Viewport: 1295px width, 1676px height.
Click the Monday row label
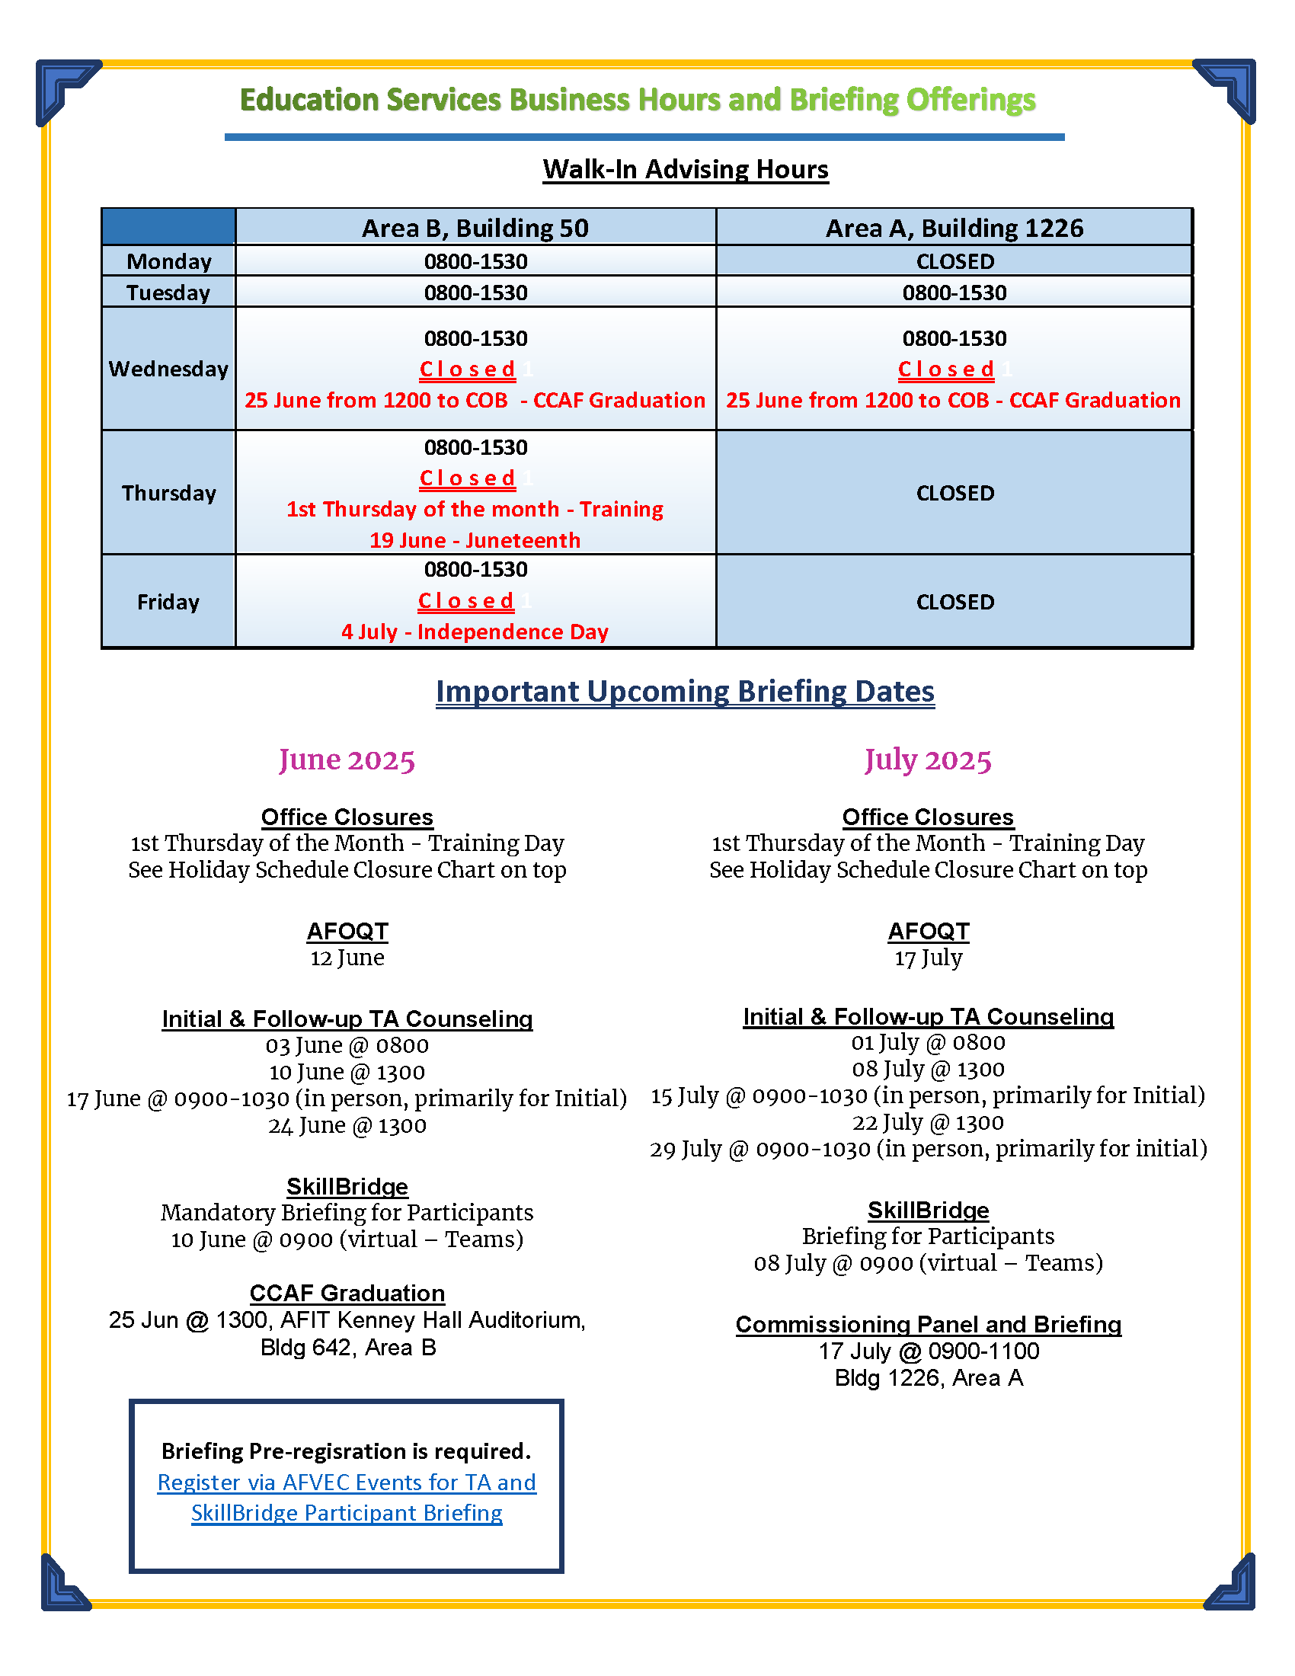169,261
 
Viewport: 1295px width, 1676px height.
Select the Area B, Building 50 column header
475,228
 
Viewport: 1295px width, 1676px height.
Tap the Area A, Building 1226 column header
954,228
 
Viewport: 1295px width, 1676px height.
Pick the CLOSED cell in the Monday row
954,261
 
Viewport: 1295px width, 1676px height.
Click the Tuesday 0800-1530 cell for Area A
954,293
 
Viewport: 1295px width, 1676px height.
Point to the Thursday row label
169,493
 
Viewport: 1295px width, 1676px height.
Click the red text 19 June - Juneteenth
475,540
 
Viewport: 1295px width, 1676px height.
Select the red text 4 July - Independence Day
475,632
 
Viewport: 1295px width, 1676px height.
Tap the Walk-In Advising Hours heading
685,169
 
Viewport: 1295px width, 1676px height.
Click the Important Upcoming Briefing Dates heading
685,692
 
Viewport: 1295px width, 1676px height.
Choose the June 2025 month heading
347,760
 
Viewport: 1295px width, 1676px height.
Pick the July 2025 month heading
928,760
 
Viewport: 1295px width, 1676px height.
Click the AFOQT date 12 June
347,958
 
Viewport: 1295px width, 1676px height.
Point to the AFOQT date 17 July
928,958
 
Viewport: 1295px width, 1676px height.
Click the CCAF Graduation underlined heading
347,1293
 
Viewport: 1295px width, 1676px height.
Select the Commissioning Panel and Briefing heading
928,1325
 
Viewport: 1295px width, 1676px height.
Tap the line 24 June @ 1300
347,1125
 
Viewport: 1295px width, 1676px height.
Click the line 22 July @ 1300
928,1122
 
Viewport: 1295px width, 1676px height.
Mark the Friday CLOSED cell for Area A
954,602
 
